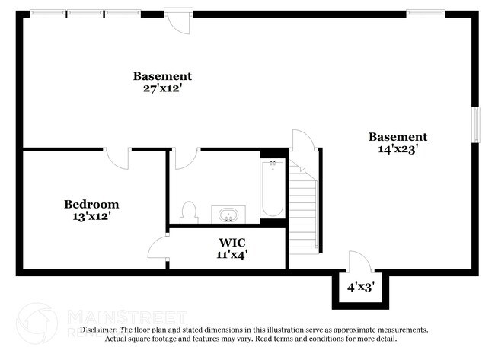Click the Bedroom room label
(x=91, y=204)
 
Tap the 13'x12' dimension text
(x=91, y=217)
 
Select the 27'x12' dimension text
(x=162, y=88)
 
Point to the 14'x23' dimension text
(x=398, y=150)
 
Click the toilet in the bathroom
(x=189, y=212)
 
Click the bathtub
(x=273, y=189)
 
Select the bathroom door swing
(x=186, y=158)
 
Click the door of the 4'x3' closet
(x=359, y=262)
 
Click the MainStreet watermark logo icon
(x=37, y=323)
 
